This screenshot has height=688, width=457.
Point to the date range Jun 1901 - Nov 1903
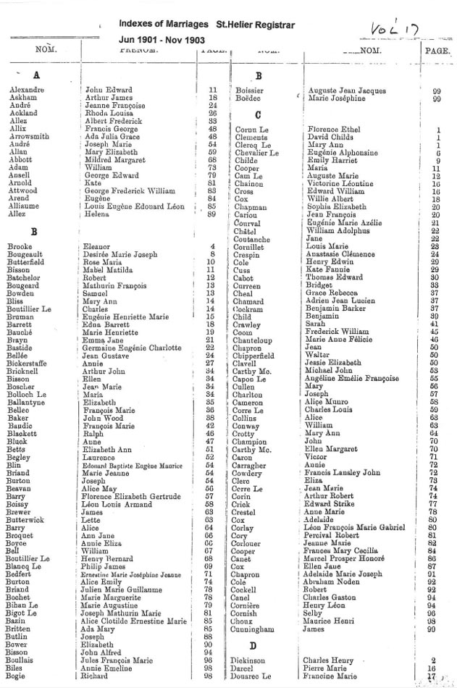click(162, 42)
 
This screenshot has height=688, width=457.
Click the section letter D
click(253, 645)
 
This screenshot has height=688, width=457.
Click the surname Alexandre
click(26, 91)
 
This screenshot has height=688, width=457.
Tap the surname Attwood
click(24, 190)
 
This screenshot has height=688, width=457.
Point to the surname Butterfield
click(29, 262)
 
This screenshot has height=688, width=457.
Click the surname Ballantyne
click(30, 402)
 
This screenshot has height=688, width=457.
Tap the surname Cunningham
click(253, 629)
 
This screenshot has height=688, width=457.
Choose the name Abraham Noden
click(332, 582)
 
